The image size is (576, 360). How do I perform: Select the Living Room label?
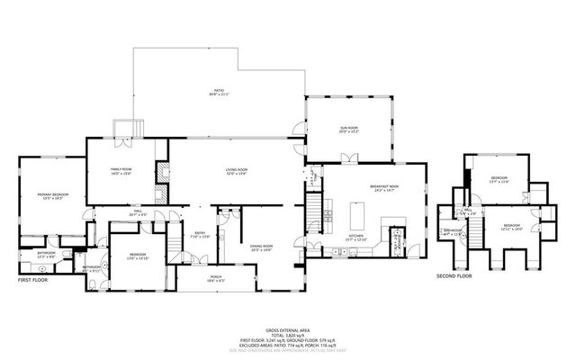237,171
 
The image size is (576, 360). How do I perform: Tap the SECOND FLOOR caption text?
454,275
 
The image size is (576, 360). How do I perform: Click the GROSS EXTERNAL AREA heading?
288,329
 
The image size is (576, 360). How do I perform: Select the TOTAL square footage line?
288,335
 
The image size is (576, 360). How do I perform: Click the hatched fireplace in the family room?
162,175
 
